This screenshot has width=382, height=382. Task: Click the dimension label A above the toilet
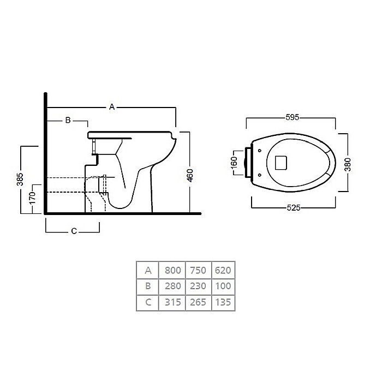click(112, 107)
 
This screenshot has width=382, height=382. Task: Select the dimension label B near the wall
click(68, 120)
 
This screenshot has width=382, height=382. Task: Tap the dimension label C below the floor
click(74, 231)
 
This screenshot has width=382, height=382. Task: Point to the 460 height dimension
click(190, 175)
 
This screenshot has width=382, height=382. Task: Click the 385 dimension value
click(20, 180)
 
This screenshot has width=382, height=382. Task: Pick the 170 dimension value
click(32, 198)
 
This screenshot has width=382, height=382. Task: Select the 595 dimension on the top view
click(293, 117)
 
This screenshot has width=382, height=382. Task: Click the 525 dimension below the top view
click(294, 208)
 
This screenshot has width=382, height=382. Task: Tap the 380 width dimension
click(348, 164)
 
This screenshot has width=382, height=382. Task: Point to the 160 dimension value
click(234, 162)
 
